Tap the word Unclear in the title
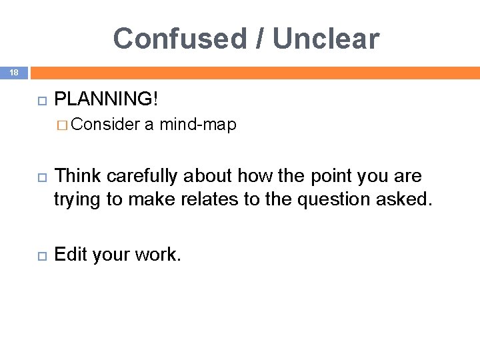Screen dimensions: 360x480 326,39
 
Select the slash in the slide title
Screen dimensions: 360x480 259,39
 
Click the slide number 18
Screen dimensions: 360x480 13,73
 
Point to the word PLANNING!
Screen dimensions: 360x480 106,99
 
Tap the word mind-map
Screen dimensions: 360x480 198,125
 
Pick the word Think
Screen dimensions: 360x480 77,176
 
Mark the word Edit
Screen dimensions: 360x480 70,254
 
